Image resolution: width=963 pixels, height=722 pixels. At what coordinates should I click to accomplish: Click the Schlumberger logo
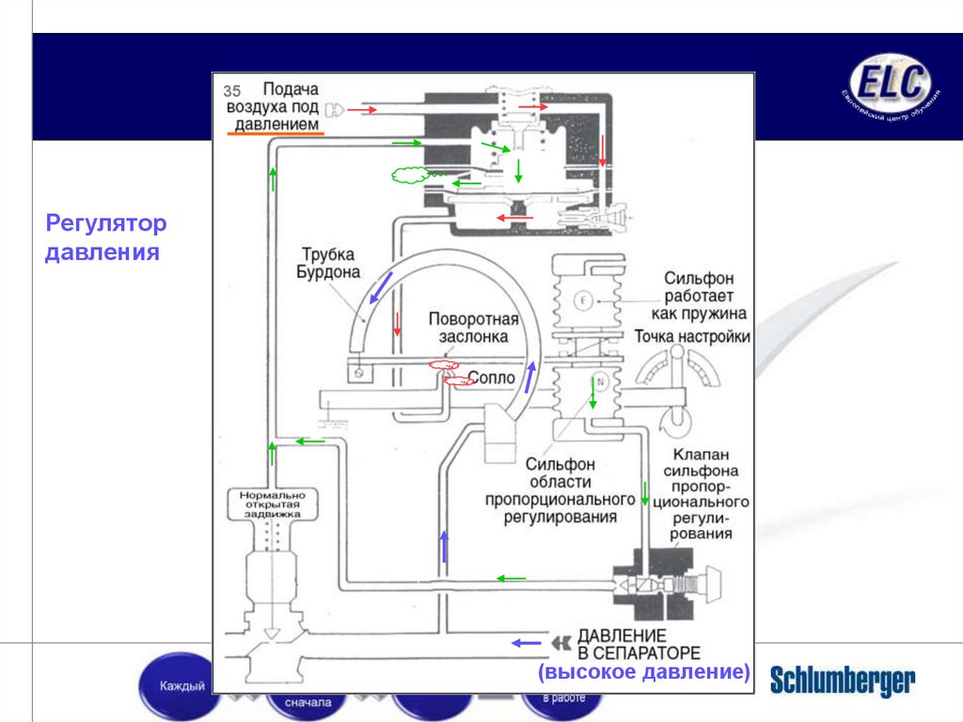842,681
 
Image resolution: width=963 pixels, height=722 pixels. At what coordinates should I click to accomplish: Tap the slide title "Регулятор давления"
106,238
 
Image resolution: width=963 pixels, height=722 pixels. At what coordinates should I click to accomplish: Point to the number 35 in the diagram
232,91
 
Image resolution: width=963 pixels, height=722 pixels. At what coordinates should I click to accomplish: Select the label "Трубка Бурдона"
331,263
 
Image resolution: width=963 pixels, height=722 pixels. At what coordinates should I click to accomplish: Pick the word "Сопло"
491,377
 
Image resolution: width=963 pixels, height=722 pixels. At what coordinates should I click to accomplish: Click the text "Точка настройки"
692,336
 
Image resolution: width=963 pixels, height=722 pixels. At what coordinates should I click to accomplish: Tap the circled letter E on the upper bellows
583,300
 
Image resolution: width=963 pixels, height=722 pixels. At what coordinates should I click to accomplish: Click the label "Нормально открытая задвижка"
274,505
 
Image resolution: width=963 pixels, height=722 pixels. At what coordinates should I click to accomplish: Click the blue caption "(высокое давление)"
644,672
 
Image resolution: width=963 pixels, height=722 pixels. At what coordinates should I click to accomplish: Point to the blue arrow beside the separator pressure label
527,643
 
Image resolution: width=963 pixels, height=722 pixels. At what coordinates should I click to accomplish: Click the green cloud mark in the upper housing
409,174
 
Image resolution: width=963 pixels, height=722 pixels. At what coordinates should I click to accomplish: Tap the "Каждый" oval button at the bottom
182,685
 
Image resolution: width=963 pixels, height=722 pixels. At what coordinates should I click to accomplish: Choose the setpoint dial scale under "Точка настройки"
675,367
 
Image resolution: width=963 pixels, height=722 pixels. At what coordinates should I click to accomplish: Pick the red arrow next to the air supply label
364,110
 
